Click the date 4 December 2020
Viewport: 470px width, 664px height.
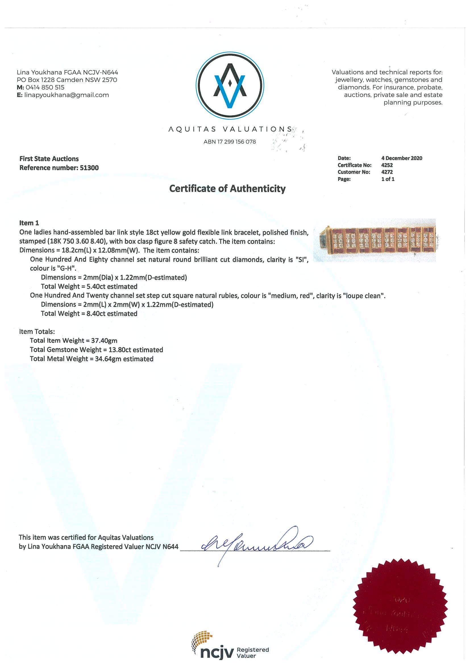coord(401,158)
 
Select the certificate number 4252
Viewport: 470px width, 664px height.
coord(387,165)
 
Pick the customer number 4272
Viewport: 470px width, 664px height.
coord(387,172)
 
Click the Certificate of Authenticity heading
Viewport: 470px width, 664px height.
coord(227,188)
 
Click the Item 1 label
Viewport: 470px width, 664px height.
coord(29,223)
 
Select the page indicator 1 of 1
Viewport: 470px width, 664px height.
coord(388,179)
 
